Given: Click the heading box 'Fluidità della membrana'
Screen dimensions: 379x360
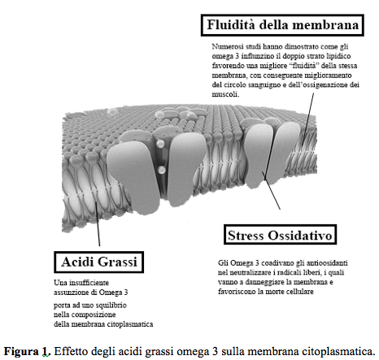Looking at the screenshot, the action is click(282, 25).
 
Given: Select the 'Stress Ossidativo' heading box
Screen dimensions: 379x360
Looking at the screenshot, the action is click(280, 235).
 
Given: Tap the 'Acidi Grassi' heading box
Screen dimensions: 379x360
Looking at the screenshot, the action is click(99, 262).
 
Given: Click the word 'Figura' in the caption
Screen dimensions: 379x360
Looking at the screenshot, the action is click(21, 351).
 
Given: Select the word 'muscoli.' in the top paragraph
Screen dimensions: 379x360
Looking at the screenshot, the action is click(225, 94).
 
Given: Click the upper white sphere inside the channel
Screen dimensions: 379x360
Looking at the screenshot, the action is click(160, 144).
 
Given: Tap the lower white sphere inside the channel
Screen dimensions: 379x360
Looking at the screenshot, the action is click(162, 170).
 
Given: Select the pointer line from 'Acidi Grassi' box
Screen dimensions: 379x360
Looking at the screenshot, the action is click(98, 223).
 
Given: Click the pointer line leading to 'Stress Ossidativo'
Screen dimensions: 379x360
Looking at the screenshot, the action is click(271, 190).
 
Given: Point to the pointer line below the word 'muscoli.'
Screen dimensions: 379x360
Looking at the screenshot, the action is click(308, 117).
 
